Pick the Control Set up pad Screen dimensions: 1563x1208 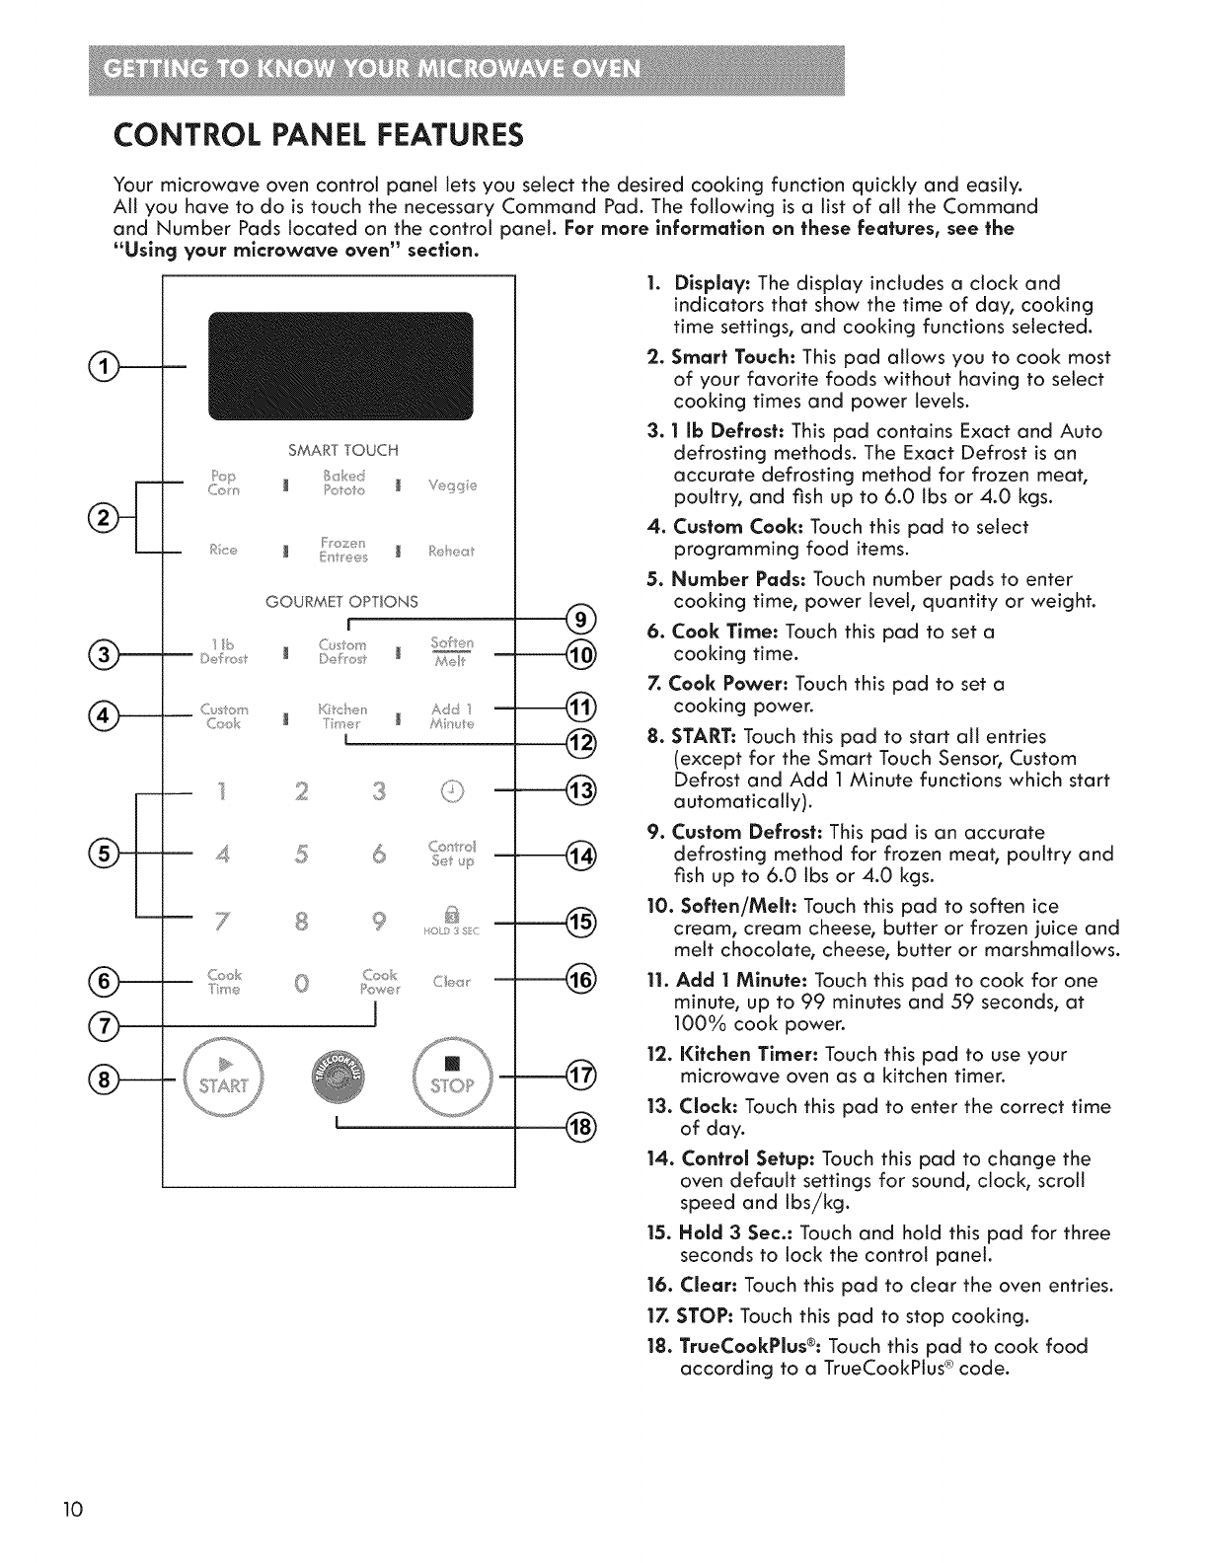click(x=452, y=854)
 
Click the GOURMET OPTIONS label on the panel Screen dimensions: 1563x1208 click(x=342, y=602)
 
